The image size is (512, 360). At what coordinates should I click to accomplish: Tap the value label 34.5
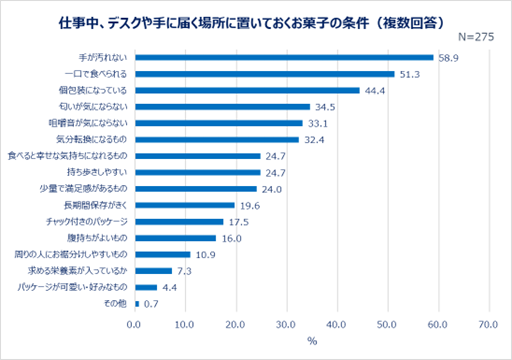click(324, 107)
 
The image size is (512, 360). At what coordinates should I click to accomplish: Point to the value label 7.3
click(184, 271)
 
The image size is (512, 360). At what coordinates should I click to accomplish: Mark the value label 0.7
click(152, 303)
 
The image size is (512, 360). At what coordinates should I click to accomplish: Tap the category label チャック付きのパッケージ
click(87, 221)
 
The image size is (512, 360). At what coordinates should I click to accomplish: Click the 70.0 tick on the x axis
click(488, 324)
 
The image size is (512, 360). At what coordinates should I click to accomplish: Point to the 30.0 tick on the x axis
click(286, 324)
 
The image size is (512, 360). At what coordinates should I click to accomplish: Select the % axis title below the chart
click(311, 342)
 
